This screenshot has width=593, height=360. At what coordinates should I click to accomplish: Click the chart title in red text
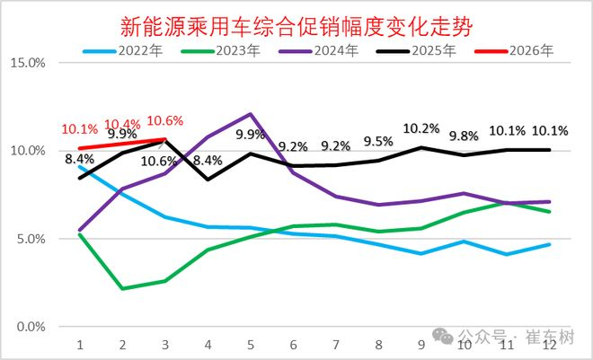coord(296,26)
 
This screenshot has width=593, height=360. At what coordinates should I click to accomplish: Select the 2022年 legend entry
coord(123,50)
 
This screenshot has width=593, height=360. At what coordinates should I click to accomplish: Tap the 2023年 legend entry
coord(221,50)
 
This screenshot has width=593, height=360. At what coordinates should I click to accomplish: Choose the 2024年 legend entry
coord(319,50)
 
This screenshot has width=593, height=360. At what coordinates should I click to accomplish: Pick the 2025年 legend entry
coord(416,50)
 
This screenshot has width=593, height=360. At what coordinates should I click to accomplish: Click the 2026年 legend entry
coord(514,50)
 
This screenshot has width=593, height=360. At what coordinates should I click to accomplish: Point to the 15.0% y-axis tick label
coord(28,63)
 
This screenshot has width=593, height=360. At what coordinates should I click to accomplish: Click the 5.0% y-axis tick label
coord(31,239)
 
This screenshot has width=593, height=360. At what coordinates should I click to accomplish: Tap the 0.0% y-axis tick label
coord(31,327)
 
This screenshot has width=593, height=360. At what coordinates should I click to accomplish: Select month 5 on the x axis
coord(251,345)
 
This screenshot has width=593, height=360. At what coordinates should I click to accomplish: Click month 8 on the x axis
coord(378,345)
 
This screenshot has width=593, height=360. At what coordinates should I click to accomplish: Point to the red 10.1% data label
coord(80,129)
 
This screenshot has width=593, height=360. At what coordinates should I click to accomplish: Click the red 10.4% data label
coord(122,124)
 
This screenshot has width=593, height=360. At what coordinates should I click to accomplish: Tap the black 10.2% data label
coord(421,128)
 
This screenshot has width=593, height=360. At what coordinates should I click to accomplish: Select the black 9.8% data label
coord(464,136)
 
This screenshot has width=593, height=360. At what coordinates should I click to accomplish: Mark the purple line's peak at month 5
coord(251,114)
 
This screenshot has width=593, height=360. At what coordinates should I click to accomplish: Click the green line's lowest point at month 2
coord(122,288)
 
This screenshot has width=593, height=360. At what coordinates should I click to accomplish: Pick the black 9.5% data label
coord(378,142)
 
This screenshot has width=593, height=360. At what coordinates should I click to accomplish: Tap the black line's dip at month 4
coord(208,179)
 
